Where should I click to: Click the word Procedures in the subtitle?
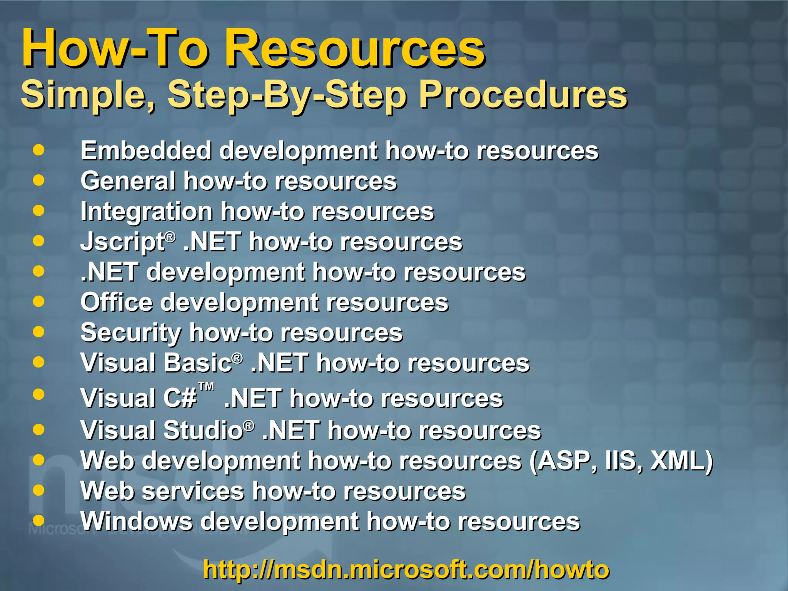point(523,95)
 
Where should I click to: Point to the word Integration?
point(146,211)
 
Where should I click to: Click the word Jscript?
point(122,242)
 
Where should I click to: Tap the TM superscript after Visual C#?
point(206,386)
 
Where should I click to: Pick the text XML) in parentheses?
point(681,461)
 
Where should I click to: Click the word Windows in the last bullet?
point(136,521)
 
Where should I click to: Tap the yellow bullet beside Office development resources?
point(38,301)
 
